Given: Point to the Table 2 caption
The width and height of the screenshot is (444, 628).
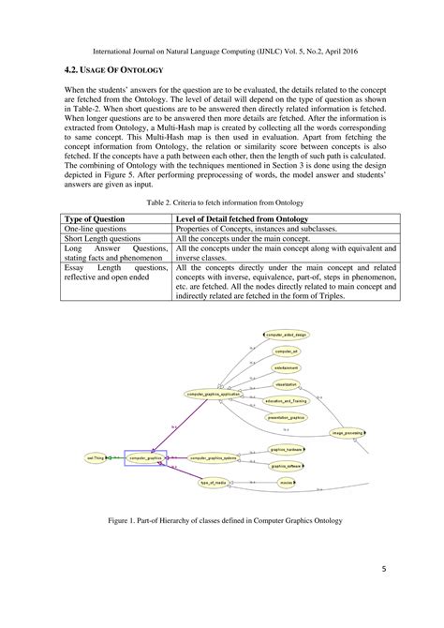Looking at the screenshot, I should (x=221, y=202).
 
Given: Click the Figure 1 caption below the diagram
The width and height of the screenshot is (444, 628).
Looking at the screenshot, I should (x=222, y=520).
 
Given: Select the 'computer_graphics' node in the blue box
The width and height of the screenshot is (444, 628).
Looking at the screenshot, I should (x=145, y=458).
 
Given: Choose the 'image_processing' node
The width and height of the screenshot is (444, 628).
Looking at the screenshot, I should (x=348, y=433).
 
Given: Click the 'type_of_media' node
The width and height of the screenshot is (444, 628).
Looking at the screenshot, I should (x=214, y=483).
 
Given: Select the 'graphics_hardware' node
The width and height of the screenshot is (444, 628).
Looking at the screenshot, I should (x=285, y=450).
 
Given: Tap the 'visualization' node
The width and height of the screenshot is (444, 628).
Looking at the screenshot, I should (x=286, y=384).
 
